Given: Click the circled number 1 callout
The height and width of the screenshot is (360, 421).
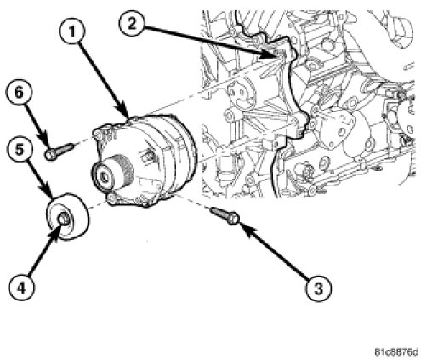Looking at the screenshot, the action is pos(72,33).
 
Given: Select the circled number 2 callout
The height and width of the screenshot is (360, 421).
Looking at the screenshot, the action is pos(132,24).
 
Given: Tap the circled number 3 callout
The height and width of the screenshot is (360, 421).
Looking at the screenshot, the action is pos(318,289).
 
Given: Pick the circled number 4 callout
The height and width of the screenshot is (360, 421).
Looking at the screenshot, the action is pos(21,288).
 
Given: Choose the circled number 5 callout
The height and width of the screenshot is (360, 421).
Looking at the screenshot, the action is pos(20,150).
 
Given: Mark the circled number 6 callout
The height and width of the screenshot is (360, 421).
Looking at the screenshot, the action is pos(19,93).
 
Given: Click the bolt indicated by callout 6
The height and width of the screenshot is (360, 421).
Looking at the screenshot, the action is pos(60,151).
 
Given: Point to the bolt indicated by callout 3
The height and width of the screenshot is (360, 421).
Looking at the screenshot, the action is pos(225,214).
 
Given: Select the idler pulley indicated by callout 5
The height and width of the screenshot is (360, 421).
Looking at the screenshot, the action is pos(67,217).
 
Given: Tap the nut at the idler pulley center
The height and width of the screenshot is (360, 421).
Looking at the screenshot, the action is pos(63,219).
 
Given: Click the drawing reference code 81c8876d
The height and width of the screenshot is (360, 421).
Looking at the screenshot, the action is pos(395,352).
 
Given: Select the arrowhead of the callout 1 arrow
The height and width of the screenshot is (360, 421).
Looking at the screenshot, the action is pos(125,113).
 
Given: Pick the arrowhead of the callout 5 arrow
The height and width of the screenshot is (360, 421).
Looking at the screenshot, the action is pos(48,191).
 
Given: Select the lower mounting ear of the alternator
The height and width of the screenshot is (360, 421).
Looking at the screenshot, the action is pos(113,198).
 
